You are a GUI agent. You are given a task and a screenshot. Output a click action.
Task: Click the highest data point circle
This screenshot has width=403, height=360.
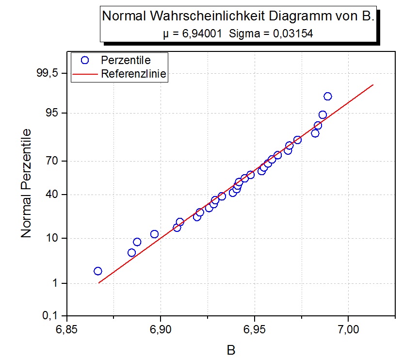pyautogui.click(x=328, y=96)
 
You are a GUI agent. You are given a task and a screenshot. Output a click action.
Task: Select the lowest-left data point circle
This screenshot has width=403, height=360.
pyautogui.click(x=98, y=271)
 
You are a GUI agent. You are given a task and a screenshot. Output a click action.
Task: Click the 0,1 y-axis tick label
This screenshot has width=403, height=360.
pyautogui.click(x=50, y=315)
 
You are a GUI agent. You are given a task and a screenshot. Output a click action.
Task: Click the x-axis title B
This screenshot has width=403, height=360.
pyautogui.click(x=231, y=349)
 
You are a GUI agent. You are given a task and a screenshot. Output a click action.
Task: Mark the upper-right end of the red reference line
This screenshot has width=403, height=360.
pyautogui.click(x=373, y=85)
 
